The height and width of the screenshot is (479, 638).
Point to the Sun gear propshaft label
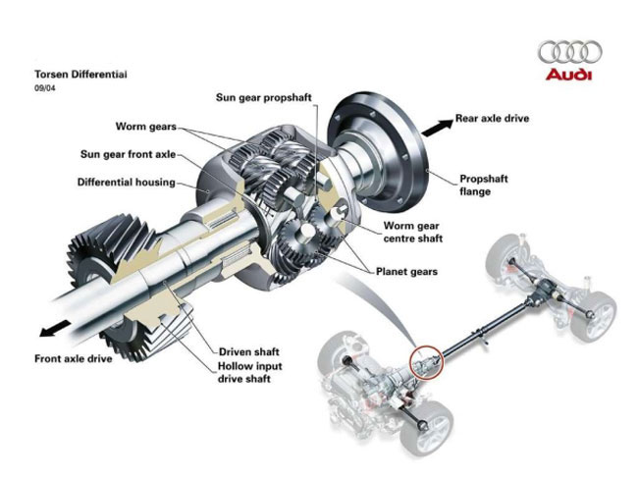click(263, 96)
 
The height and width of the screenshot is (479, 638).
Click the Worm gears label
click(147, 128)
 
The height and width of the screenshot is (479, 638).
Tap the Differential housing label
click(126, 182)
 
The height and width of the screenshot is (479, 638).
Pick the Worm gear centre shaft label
click(412, 232)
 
